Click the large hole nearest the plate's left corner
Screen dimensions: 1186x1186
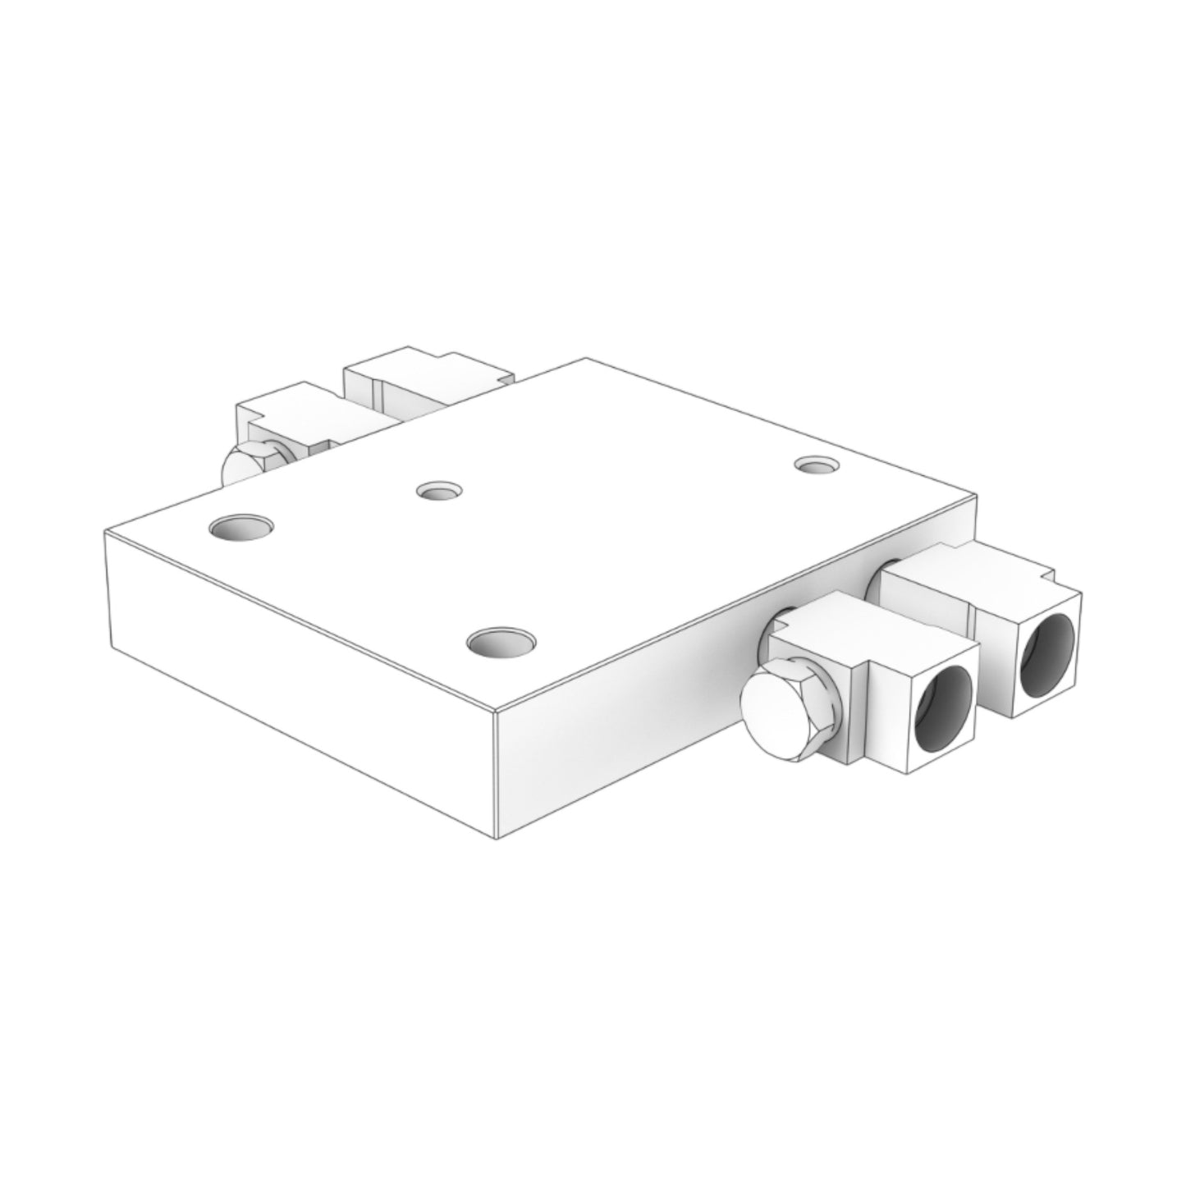pyautogui.click(x=241, y=526)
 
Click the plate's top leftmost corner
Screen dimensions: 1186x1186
pyautogui.click(x=105, y=533)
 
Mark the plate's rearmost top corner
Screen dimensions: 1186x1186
pyautogui.click(x=584, y=359)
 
